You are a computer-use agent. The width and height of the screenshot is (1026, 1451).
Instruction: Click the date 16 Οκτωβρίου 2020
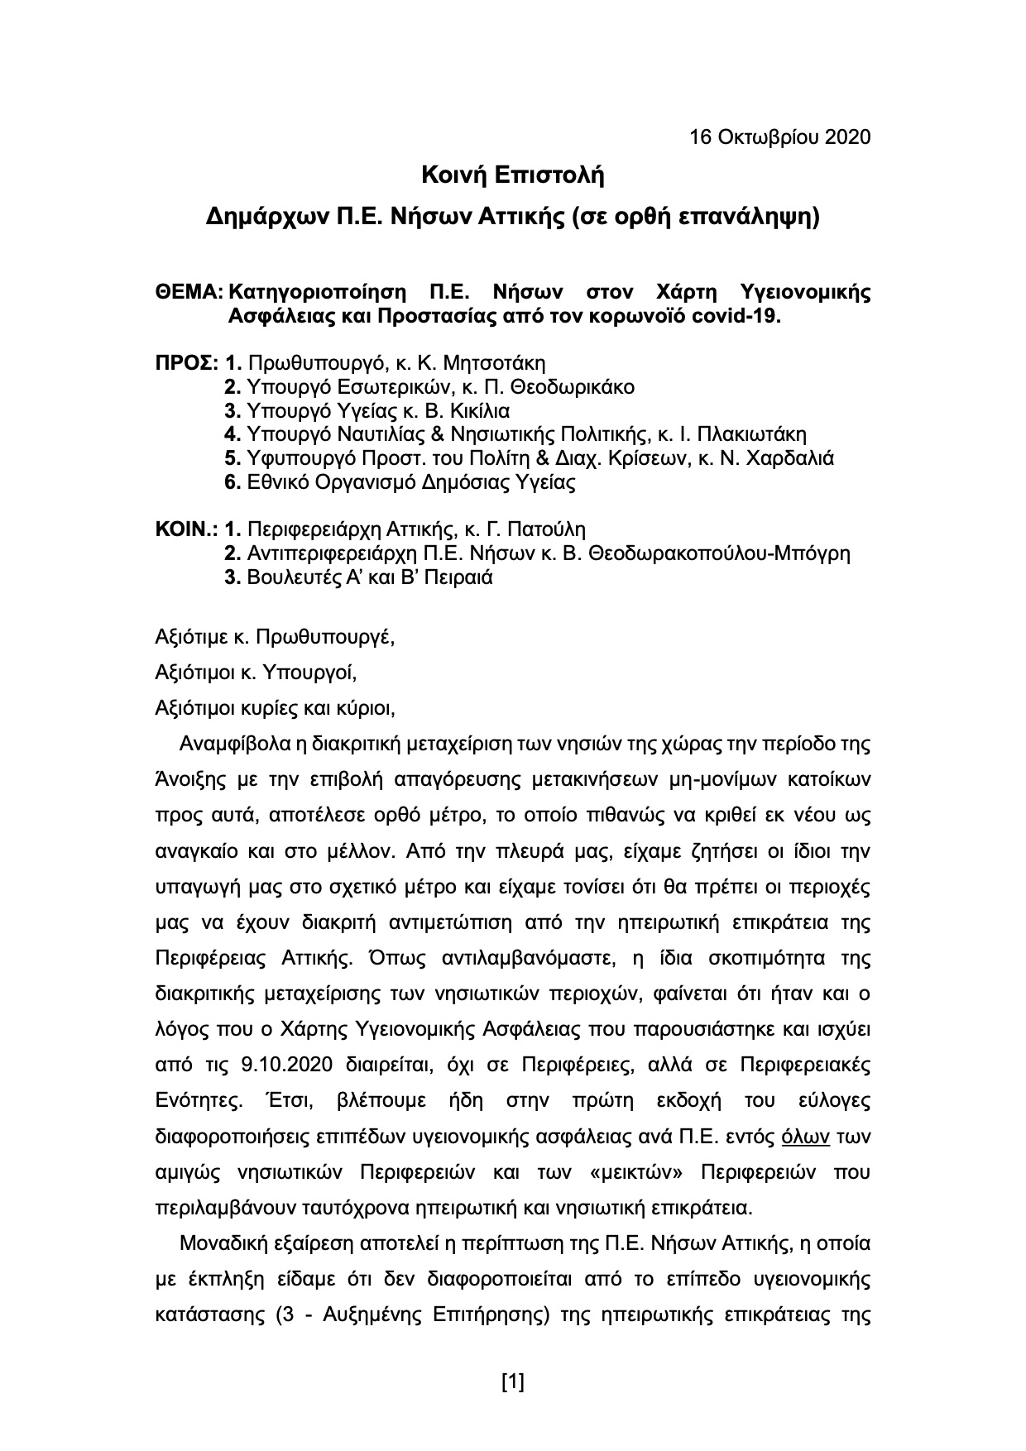click(780, 136)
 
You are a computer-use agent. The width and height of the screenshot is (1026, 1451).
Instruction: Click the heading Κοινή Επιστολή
click(513, 175)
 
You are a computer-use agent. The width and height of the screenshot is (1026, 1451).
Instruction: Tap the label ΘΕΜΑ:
click(189, 293)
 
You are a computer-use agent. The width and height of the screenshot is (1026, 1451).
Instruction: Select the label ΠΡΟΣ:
click(188, 363)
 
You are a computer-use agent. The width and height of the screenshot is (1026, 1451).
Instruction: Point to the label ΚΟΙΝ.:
click(188, 529)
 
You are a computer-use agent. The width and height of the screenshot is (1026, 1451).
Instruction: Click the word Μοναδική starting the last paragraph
click(219, 1244)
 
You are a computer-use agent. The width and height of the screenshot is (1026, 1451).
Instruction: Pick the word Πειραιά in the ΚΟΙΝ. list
click(460, 577)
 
